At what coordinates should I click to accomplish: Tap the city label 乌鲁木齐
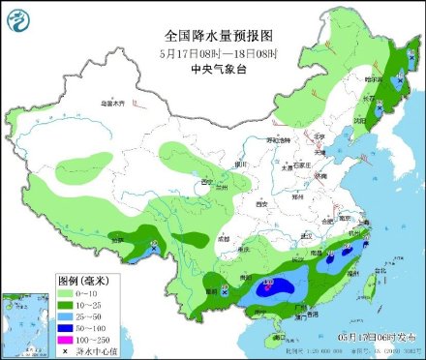114,102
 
